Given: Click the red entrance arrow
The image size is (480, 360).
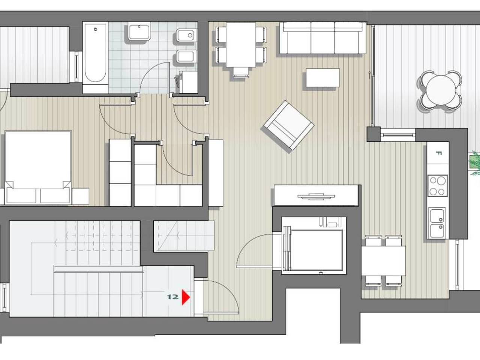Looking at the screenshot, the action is point(186,297).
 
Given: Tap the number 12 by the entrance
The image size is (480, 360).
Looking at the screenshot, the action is point(173,297).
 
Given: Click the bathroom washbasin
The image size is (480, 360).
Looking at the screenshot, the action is point(139,32).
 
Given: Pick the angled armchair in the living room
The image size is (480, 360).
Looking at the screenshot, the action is point(289,125).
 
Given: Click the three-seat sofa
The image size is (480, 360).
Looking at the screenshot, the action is point(322,37).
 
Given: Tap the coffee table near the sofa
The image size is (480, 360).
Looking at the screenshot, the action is point(323,78).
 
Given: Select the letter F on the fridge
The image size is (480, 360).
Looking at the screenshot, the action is point(438,153).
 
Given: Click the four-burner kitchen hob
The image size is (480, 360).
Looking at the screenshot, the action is point(438,186).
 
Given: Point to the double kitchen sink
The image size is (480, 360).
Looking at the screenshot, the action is point(437,223).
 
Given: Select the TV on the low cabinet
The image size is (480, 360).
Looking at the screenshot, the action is point(316,196).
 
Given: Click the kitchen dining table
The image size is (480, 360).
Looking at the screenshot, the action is point(383,261).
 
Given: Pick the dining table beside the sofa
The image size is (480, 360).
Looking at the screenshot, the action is point(241,45).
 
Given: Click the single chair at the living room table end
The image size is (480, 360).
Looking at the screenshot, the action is point(241,72).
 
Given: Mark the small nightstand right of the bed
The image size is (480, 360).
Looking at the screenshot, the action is point(81,196).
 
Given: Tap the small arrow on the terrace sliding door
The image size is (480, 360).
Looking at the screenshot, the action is point(370,75).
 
